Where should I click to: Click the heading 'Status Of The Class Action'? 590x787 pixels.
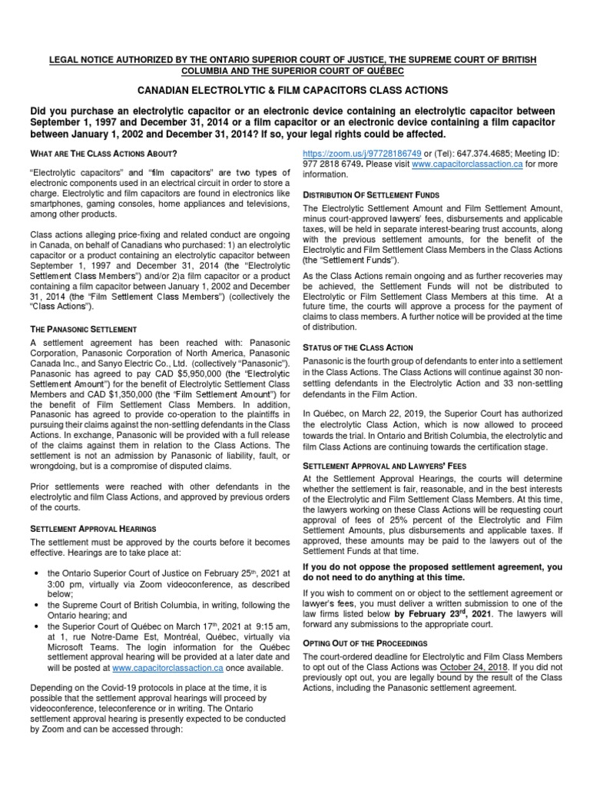358,347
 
